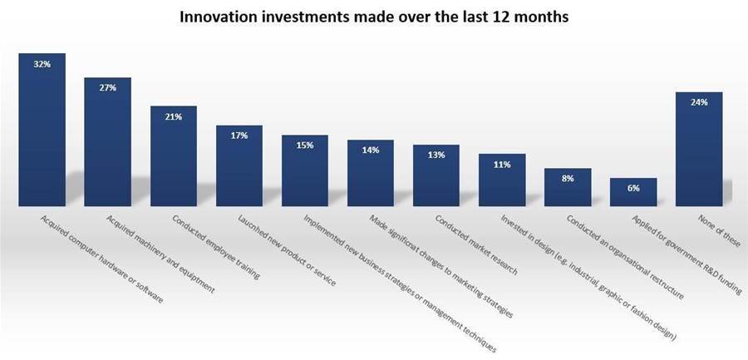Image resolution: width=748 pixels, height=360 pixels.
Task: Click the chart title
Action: click(x=374, y=17)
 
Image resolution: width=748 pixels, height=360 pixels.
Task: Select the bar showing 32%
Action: click(x=42, y=130)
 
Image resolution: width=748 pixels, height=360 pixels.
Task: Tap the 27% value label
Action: click(x=108, y=88)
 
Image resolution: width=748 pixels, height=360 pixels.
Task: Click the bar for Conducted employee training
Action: click(x=174, y=156)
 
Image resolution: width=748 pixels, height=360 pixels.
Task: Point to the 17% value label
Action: click(x=239, y=136)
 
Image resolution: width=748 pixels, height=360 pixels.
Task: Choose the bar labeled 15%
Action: click(x=305, y=170)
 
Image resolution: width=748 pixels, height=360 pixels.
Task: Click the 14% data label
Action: click(x=371, y=150)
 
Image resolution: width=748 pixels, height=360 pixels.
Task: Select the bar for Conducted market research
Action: click(x=436, y=175)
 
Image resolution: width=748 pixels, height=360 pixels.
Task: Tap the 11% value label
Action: click(x=502, y=165)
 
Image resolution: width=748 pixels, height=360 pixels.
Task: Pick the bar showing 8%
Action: click(x=568, y=187)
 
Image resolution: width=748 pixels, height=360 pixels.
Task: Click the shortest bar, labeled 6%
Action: click(x=633, y=192)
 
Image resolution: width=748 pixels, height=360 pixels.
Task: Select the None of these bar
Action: click(x=699, y=149)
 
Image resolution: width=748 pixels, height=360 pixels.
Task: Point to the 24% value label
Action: click(x=699, y=102)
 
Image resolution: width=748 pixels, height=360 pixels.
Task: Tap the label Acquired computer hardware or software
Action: click(x=102, y=259)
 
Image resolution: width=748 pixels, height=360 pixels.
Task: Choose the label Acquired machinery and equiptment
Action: click(x=160, y=254)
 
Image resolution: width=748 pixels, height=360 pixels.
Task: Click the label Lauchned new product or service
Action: click(x=287, y=250)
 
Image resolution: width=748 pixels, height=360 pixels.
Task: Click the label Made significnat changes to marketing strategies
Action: click(x=441, y=266)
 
